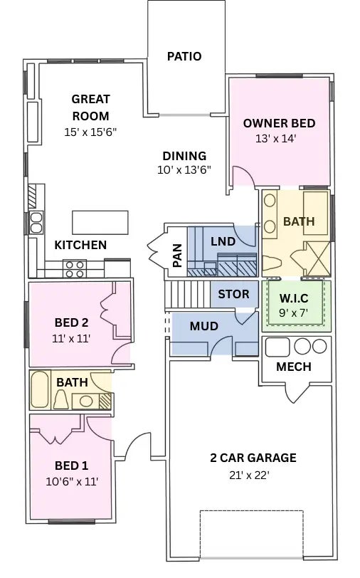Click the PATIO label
click(x=184, y=56)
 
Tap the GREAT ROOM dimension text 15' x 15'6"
click(x=90, y=132)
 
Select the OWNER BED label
click(x=279, y=123)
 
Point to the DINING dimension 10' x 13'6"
click(x=184, y=170)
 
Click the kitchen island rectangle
click(x=100, y=222)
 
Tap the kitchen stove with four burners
click(x=75, y=268)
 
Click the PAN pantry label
click(x=177, y=256)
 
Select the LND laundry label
click(x=223, y=241)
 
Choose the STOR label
click(x=233, y=294)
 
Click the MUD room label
click(x=203, y=327)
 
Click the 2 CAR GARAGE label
click(x=253, y=458)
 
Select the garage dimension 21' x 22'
click(x=248, y=475)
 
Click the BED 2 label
click(x=71, y=321)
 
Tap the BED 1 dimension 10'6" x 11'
click(x=71, y=481)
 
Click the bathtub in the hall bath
click(x=41, y=389)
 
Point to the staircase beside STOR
click(x=188, y=295)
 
